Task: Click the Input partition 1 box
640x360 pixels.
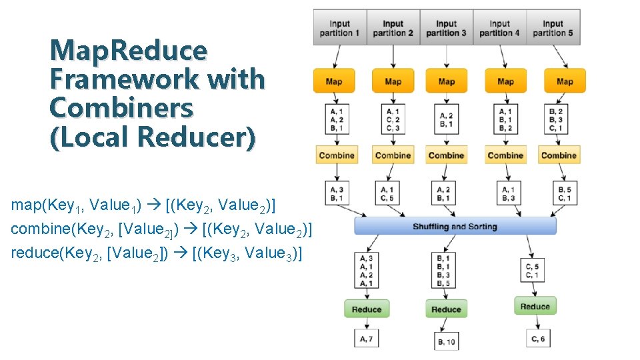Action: tap(340, 28)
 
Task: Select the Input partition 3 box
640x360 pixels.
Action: tap(446, 28)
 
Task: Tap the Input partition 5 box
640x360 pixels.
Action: tap(553, 28)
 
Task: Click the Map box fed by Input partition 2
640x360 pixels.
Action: tap(393, 81)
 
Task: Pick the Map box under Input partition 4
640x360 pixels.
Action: tap(505, 81)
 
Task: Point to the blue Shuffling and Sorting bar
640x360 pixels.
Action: tap(455, 227)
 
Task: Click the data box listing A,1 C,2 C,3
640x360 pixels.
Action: tap(393, 119)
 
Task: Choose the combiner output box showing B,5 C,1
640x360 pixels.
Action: tap(565, 193)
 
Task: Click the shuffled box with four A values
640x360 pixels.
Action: tap(366, 271)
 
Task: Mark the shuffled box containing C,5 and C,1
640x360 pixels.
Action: tap(532, 271)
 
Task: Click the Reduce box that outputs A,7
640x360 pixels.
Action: tap(366, 309)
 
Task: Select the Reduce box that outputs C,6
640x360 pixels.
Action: tap(535, 306)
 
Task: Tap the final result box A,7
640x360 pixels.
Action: tap(366, 339)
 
